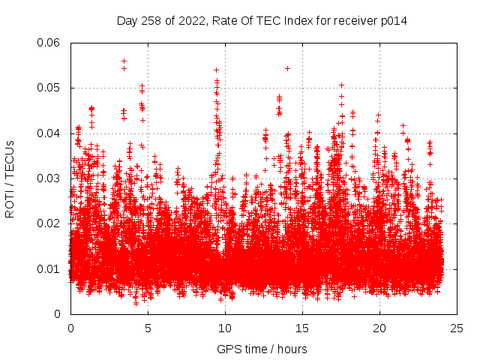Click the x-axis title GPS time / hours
pyautogui.click(x=262, y=349)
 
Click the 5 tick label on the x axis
pyautogui.click(x=148, y=328)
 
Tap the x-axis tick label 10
pyautogui.click(x=225, y=328)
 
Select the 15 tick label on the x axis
pyautogui.click(x=302, y=328)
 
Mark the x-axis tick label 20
pyautogui.click(x=379, y=328)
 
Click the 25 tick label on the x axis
pyautogui.click(x=457, y=328)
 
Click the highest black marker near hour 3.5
pyautogui.click(x=124, y=61)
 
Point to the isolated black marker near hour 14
pyautogui.click(x=287, y=68)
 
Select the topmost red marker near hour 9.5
pyautogui.click(x=217, y=70)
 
